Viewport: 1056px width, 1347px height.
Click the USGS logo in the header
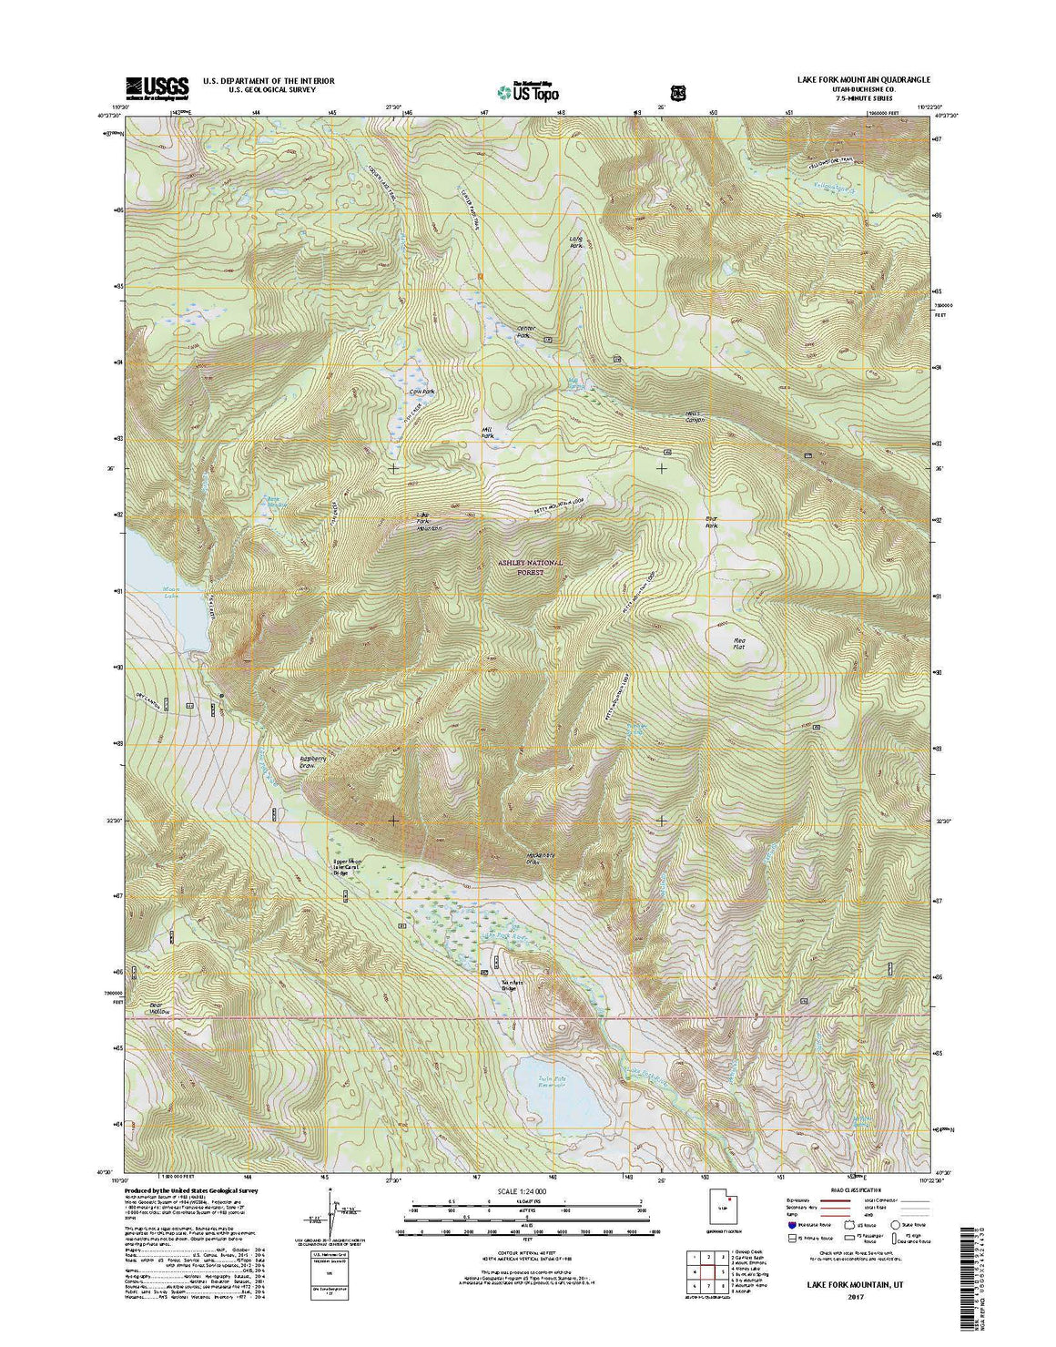157,86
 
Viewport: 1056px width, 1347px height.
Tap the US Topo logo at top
528,90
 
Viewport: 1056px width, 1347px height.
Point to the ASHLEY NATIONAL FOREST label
531,568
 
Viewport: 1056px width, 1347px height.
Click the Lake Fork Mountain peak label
428,522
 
